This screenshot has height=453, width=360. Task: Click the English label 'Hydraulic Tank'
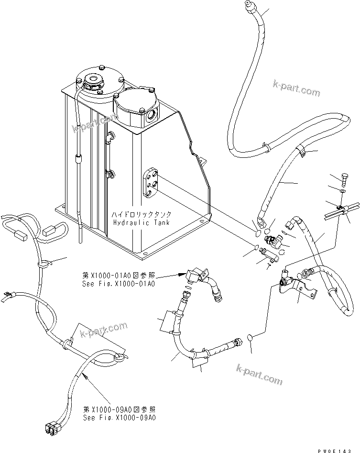pos(139,223)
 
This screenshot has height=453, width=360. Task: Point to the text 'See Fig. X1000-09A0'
pos(118,418)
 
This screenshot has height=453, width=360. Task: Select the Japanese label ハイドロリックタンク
pos(139,214)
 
